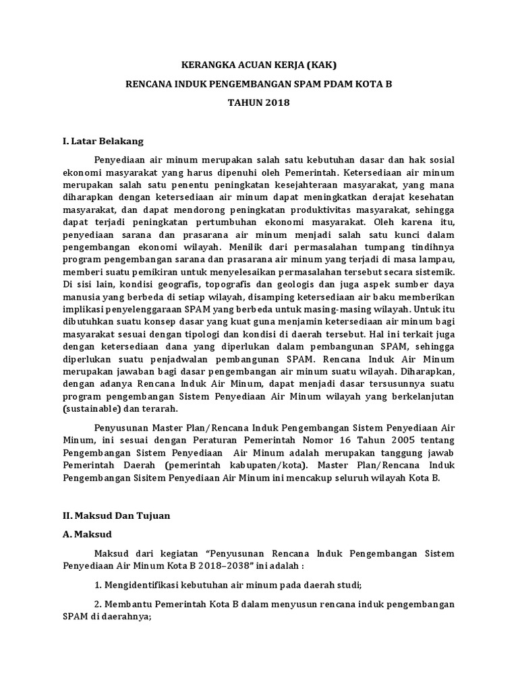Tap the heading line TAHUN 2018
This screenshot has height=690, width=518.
click(258, 104)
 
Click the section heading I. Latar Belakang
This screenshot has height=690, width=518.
click(103, 142)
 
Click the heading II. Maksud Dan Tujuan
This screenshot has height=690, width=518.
click(116, 515)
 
